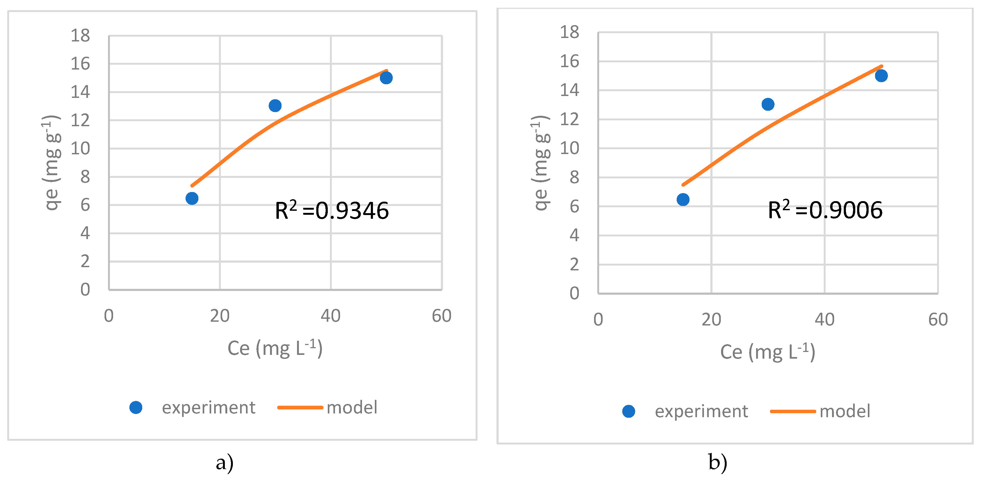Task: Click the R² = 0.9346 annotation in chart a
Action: pos(332,211)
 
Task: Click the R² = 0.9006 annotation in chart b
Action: pos(825,210)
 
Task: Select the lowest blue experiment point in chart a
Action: pos(192,198)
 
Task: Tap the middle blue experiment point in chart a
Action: pos(275,105)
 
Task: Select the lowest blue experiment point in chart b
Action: pos(683,200)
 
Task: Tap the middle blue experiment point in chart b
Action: pos(768,104)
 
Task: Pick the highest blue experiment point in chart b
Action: pos(881,76)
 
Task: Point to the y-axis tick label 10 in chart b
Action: pos(569,148)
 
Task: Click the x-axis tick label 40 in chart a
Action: pos(330,316)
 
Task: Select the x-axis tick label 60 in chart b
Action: pos(938,319)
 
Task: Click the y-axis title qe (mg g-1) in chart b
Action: pos(540,163)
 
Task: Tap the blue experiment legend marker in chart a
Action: pos(136,408)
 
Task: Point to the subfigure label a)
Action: pos(225,463)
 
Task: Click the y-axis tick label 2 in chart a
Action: pos(85,262)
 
